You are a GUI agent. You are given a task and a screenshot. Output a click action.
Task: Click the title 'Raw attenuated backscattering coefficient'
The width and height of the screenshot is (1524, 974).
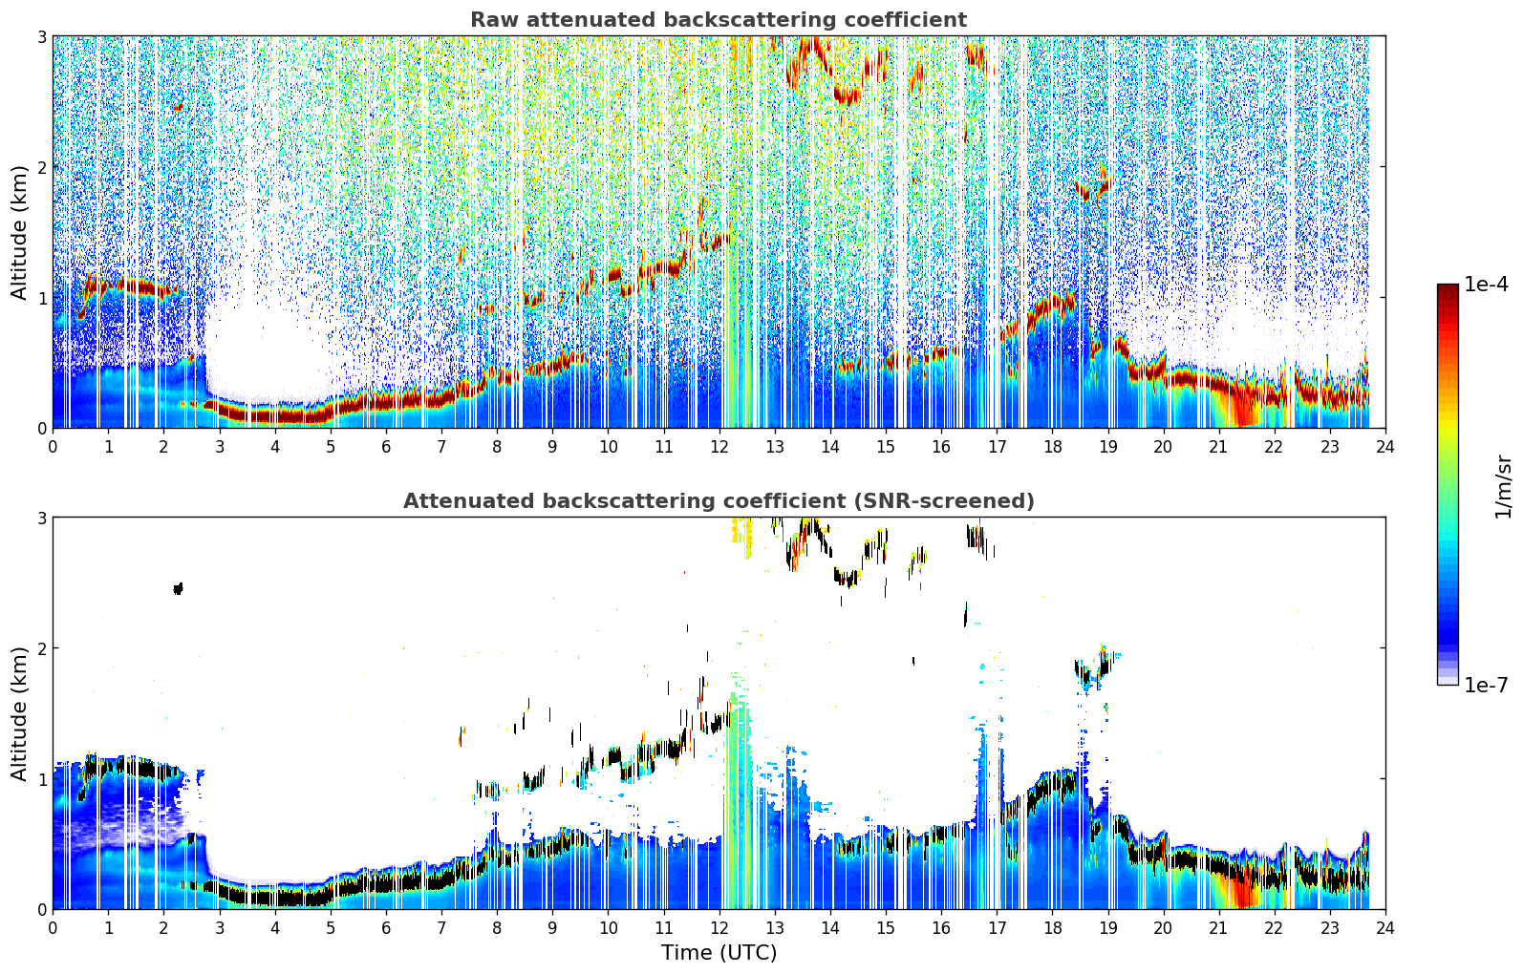[x=719, y=20]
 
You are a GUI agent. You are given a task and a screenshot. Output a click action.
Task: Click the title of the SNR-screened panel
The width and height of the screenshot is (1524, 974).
[x=719, y=500]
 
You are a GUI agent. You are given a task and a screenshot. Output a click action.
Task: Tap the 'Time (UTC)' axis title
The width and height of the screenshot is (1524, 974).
[x=719, y=952]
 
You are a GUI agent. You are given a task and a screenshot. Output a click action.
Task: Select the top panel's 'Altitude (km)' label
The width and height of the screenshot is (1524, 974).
[x=19, y=233]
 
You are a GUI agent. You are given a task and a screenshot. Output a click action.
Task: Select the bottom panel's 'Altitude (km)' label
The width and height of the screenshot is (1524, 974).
[x=19, y=713]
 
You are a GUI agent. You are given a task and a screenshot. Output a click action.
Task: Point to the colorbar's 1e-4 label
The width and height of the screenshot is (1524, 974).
[x=1486, y=284]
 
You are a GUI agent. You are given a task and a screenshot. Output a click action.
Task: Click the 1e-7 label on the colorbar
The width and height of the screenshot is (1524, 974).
[x=1486, y=685]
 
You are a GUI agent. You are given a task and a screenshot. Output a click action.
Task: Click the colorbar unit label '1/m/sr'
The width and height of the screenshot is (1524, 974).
[x=1503, y=487]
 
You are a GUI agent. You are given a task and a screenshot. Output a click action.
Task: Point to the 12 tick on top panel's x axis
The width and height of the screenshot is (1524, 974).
[x=719, y=447]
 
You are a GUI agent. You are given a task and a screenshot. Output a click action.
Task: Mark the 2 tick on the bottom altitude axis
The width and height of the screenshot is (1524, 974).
[x=41, y=647]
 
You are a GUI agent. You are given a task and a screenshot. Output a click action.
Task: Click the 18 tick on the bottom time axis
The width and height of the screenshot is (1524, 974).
[x=1053, y=928]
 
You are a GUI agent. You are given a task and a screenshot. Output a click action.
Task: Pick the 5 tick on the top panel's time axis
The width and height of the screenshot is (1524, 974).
[x=331, y=447]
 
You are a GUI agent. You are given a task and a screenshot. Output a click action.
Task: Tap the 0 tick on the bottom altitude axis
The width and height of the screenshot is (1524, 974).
[x=41, y=909]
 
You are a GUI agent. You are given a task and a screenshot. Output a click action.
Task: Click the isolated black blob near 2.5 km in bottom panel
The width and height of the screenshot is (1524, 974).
[x=179, y=588]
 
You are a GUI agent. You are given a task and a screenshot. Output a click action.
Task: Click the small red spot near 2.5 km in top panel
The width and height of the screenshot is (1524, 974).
[x=179, y=108]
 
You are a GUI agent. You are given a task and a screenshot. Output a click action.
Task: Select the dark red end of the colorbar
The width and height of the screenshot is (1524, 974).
[x=1448, y=288]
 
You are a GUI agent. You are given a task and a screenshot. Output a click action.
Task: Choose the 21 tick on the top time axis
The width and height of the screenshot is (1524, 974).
[x=1218, y=447]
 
